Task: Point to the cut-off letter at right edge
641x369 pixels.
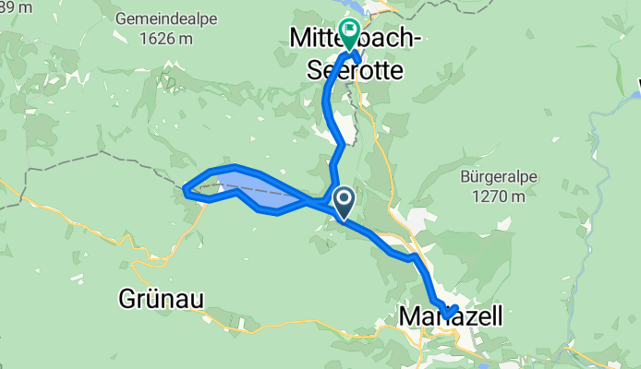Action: pos(637,89)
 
